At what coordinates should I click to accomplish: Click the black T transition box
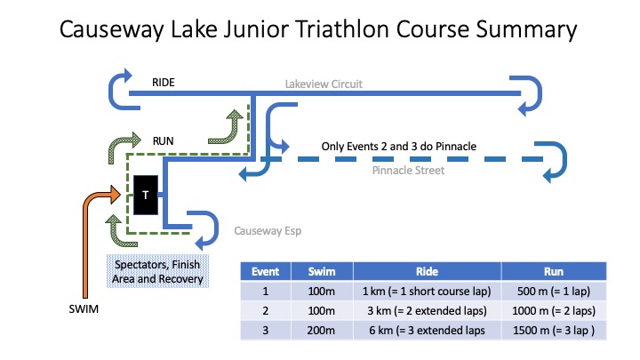tap(146, 195)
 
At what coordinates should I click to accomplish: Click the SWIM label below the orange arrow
tap(84, 309)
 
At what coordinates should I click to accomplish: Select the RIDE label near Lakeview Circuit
tap(164, 83)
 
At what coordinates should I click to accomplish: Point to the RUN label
tap(163, 141)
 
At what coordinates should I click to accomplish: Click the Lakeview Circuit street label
tap(324, 84)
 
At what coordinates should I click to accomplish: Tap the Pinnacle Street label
tap(408, 170)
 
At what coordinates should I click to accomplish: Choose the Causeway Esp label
tap(268, 231)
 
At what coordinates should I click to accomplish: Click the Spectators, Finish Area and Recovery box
tap(157, 271)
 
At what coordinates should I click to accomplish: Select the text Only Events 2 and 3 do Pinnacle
tap(399, 146)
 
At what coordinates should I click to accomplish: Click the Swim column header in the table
tap(322, 271)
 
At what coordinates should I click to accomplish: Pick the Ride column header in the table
tap(427, 271)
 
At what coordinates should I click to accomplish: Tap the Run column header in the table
tap(554, 271)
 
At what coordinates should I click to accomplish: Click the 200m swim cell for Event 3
tap(321, 330)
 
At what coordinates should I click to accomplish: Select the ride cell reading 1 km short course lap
tap(427, 291)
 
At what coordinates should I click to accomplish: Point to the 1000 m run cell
tap(554, 310)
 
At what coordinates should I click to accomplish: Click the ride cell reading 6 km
tap(427, 330)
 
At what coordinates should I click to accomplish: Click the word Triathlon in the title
tap(342, 29)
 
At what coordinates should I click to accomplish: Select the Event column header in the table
tap(265, 271)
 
